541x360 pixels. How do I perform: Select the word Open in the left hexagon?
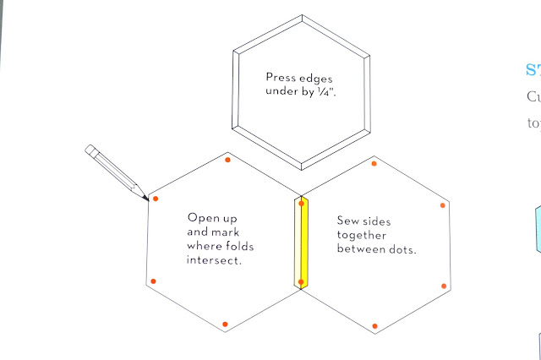click(203, 216)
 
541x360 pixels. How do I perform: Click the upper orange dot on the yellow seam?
click(301, 203)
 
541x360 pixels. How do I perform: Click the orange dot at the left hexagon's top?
click(228, 159)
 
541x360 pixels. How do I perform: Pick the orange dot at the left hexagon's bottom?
click(225, 325)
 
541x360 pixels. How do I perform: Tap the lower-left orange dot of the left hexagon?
click(153, 281)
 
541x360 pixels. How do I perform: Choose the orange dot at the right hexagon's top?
click(374, 163)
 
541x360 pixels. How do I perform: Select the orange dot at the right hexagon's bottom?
click(374, 325)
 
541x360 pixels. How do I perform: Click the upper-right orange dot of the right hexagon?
click(443, 205)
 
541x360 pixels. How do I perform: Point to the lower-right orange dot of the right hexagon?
click(443, 286)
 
